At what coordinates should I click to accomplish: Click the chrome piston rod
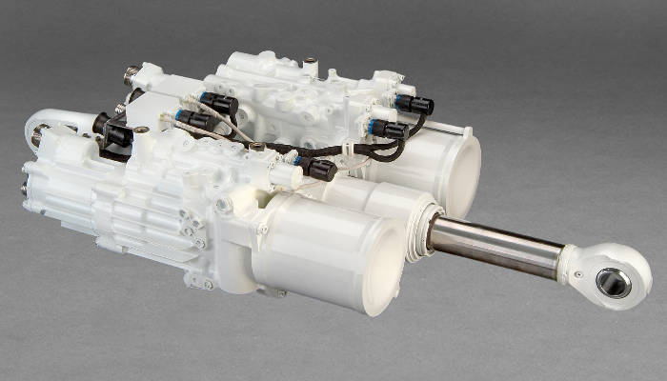[495, 246]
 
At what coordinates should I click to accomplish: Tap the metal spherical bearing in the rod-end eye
[613, 282]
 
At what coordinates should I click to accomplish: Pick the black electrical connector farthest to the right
[415, 104]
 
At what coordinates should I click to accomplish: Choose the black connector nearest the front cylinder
[318, 169]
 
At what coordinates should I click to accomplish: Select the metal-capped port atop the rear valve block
[310, 64]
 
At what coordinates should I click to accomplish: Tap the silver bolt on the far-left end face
[24, 189]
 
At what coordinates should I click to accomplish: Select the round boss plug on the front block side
[225, 205]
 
